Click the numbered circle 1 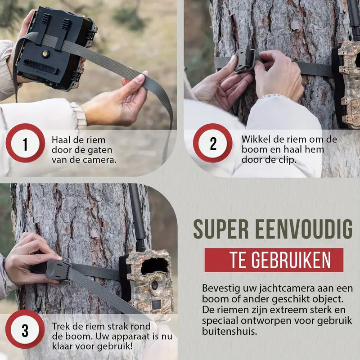pyautogui.click(x=25, y=143)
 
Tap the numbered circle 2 pyautogui.click(x=212, y=143)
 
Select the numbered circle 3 pyautogui.click(x=25, y=329)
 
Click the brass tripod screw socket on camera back pyautogui.click(x=45, y=54)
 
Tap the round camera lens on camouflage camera pyautogui.click(x=154, y=285)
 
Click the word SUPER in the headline pyautogui.click(x=221, y=229)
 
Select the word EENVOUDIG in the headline pyautogui.click(x=304, y=229)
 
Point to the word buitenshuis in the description pyautogui.click(x=229, y=331)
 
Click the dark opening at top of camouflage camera pyautogui.click(x=154, y=266)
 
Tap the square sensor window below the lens pyautogui.click(x=156, y=305)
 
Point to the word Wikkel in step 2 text pyautogui.click(x=255, y=139)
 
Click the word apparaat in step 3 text pyautogui.click(x=130, y=337)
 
